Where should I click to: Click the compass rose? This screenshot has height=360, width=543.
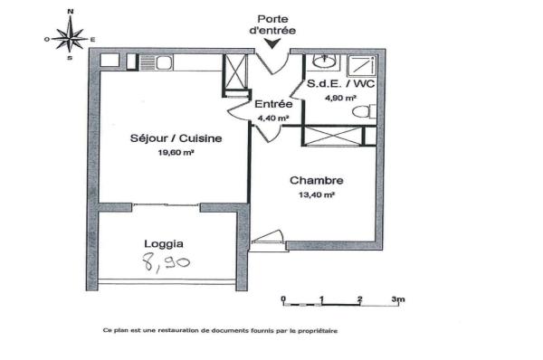(71, 38)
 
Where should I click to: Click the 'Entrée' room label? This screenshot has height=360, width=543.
(272, 104)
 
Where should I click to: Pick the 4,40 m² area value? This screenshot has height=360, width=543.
(272, 118)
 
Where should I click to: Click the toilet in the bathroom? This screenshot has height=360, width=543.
(366, 113)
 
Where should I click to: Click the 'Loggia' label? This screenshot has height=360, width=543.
(165, 243)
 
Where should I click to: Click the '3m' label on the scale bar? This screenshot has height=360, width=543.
(398, 298)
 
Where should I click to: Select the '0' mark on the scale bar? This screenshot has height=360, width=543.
(283, 298)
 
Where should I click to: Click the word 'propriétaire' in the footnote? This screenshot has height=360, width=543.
(313, 330)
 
